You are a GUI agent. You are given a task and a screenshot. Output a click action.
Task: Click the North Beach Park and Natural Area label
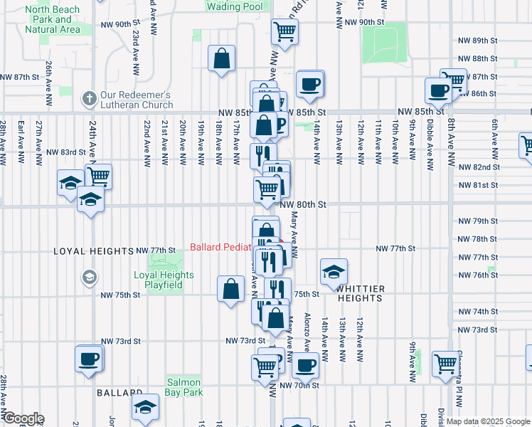[x=53, y=19]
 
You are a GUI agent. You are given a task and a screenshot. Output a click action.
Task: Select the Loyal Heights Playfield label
[x=164, y=280]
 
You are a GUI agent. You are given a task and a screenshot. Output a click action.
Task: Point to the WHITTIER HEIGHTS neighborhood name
[x=361, y=294]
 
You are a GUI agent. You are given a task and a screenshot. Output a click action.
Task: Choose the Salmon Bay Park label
[x=185, y=387]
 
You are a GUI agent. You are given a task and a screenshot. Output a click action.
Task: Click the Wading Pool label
[x=233, y=6]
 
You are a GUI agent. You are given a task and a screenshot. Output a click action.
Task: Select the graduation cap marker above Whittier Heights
[x=334, y=271]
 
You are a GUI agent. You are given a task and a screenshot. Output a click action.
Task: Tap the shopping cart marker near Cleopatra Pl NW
[x=445, y=363]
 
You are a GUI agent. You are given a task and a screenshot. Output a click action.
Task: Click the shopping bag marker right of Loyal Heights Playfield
[x=232, y=289]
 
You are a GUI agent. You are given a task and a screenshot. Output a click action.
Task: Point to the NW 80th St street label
[x=302, y=204]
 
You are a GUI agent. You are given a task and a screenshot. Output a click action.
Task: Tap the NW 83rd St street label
[x=67, y=152]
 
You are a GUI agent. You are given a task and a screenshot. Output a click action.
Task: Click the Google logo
[x=23, y=418]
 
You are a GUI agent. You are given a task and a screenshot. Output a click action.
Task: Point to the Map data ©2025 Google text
[x=488, y=421]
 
